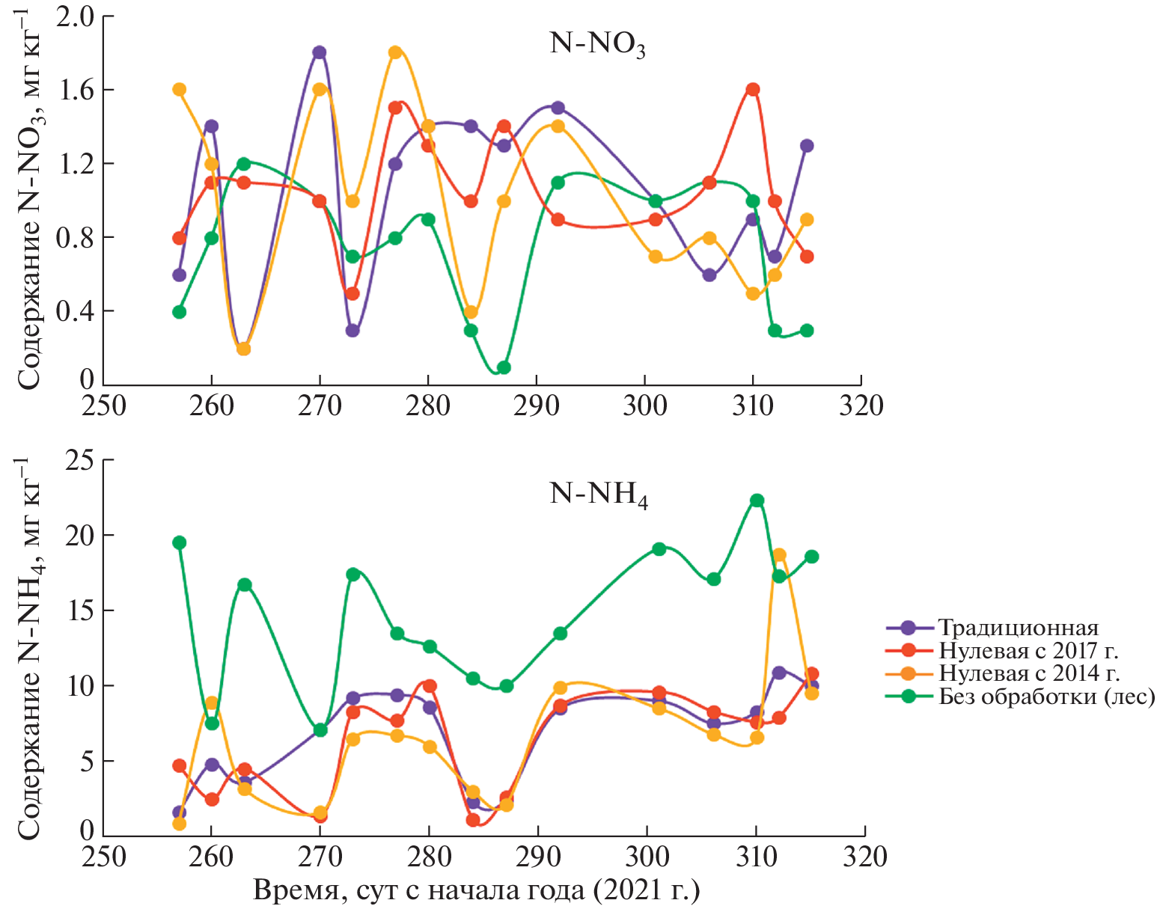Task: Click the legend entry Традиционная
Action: (x=1018, y=628)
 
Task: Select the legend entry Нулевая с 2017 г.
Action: (x=1028, y=650)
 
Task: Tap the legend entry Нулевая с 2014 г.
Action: (x=1029, y=673)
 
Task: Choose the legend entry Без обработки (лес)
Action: (x=1046, y=697)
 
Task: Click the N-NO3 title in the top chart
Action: (x=597, y=44)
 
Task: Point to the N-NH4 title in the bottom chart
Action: (x=598, y=495)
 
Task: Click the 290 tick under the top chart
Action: (x=537, y=405)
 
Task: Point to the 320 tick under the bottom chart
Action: (x=865, y=856)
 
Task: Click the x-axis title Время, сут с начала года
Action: (x=477, y=890)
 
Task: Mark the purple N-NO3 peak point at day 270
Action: (x=320, y=52)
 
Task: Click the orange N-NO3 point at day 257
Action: (x=179, y=90)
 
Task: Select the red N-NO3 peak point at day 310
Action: (x=753, y=90)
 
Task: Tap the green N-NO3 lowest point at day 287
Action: (x=504, y=367)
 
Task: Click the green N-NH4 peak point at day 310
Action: (x=757, y=501)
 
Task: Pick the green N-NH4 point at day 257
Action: (x=179, y=542)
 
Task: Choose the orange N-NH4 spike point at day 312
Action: (x=779, y=555)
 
